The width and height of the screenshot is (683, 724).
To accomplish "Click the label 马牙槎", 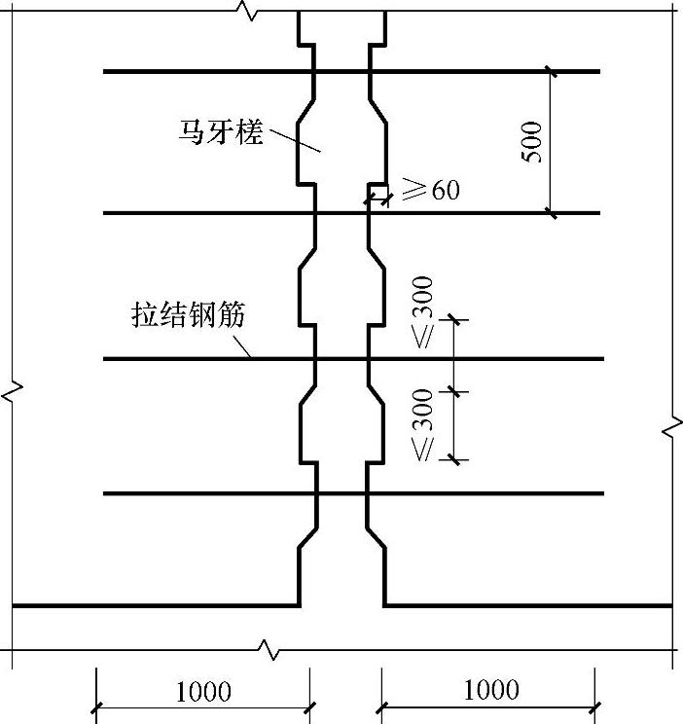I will click(x=221, y=131).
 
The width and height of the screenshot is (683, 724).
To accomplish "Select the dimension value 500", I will click(x=533, y=142).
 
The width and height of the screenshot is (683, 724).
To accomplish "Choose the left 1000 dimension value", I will click(x=202, y=691).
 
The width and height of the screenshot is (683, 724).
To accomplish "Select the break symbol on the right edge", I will click(x=672, y=426).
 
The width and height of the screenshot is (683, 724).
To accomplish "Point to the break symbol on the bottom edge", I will click(x=267, y=647).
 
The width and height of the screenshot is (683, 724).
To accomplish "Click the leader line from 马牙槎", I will click(x=296, y=138).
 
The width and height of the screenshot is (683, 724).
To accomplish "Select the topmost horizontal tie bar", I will click(x=195, y=71).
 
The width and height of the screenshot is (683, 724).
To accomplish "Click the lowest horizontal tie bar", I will click(x=195, y=493).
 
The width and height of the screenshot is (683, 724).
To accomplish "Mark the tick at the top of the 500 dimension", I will click(x=551, y=71).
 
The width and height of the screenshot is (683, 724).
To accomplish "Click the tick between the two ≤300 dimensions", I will click(x=454, y=391).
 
